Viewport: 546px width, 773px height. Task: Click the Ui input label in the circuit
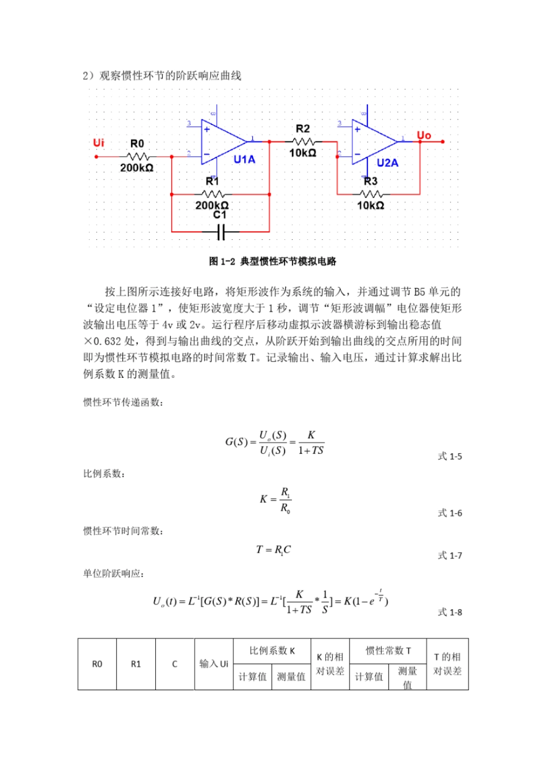coord(99,143)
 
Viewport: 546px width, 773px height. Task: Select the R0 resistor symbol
coord(137,156)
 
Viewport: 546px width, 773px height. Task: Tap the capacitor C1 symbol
coord(221,232)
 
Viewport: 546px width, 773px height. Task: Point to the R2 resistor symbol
coord(303,141)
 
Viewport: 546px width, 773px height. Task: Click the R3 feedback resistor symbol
coord(371,194)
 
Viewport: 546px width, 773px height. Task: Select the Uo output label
coord(424,135)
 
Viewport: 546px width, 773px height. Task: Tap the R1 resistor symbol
coord(213,194)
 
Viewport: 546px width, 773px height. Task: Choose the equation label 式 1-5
coord(449,457)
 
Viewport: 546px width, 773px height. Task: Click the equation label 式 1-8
coord(449,613)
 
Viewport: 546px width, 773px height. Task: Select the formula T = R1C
coord(273,550)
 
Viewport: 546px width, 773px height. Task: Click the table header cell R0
coord(97,664)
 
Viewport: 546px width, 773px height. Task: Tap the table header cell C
coord(175,664)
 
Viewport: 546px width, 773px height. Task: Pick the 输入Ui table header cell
coord(214,664)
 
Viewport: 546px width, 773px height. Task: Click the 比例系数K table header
coord(272,651)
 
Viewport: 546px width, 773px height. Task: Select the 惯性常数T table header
coord(388,651)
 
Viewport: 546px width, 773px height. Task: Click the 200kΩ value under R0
coord(137,168)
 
